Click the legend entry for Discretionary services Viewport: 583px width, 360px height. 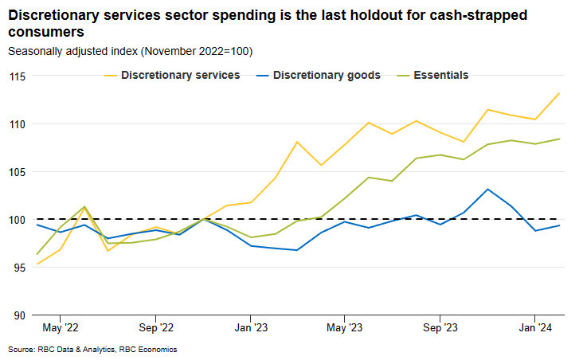(180, 76)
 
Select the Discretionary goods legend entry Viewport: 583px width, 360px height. (327, 76)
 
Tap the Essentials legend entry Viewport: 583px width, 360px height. (440, 76)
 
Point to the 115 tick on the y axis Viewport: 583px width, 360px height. (18, 76)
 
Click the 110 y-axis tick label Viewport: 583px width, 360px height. (18, 124)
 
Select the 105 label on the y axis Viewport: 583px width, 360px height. (18, 172)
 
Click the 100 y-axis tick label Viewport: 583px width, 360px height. (18, 220)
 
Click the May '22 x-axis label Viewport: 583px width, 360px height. (61, 327)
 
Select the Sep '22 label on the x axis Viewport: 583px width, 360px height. (155, 327)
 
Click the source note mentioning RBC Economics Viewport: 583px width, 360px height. (92, 350)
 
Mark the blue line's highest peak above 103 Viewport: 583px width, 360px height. (487, 189)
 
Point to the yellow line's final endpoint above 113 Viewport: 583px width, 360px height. (558, 93)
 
